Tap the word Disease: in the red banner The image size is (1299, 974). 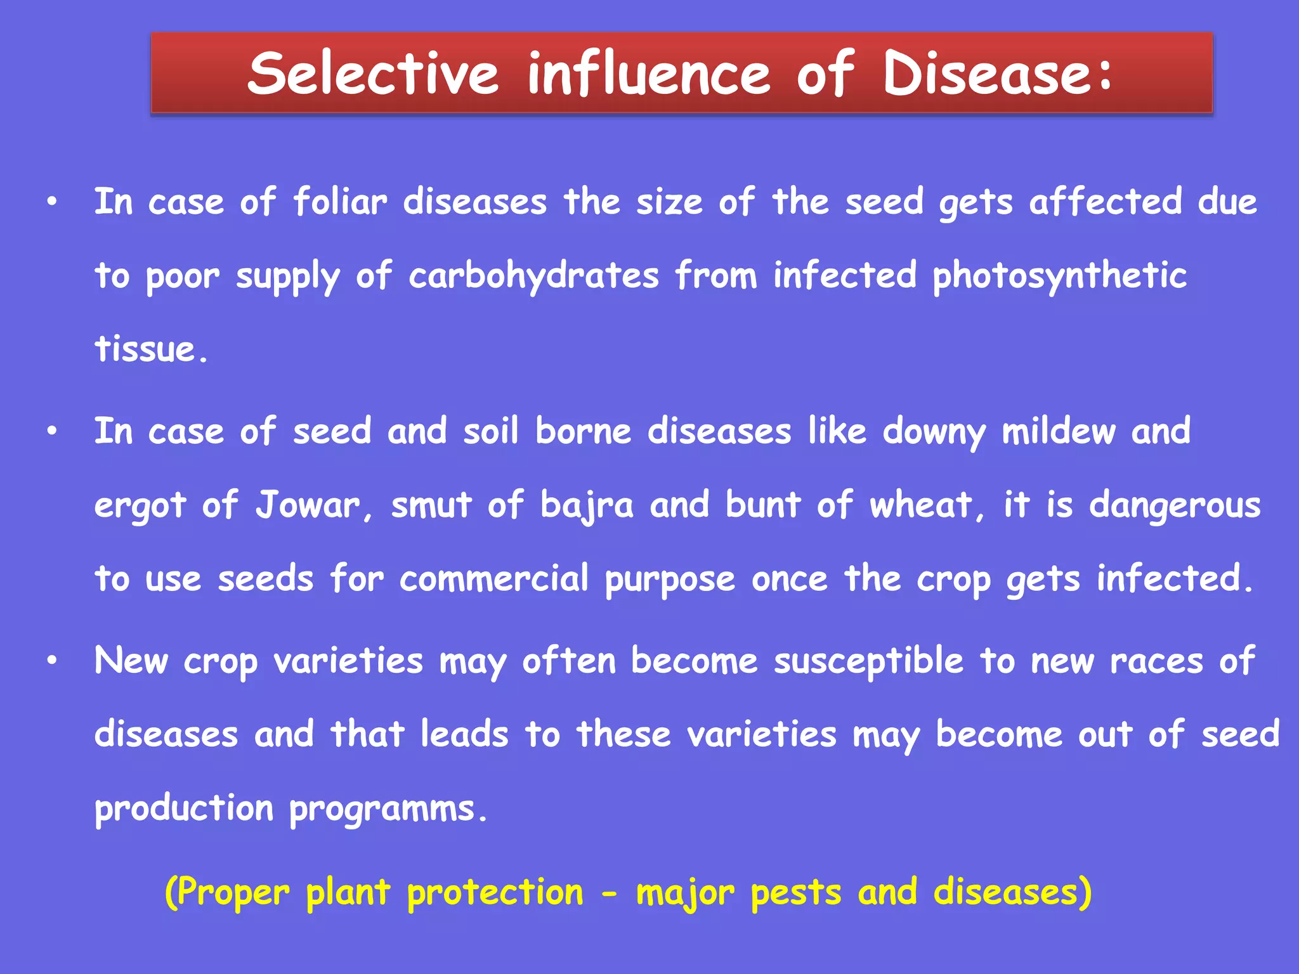pos(997,74)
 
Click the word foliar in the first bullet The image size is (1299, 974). pos(340,203)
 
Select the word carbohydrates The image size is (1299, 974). pos(533,276)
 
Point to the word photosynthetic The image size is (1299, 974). pos(1059,276)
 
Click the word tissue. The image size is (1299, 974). pos(150,349)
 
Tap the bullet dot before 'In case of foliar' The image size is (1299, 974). pos(52,202)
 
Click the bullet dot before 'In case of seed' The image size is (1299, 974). pos(52,432)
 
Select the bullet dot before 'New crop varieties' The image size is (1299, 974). pos(52,661)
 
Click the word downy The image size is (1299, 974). pos(934,433)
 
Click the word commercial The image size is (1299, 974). pos(494,580)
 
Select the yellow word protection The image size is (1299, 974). pos(495,893)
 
